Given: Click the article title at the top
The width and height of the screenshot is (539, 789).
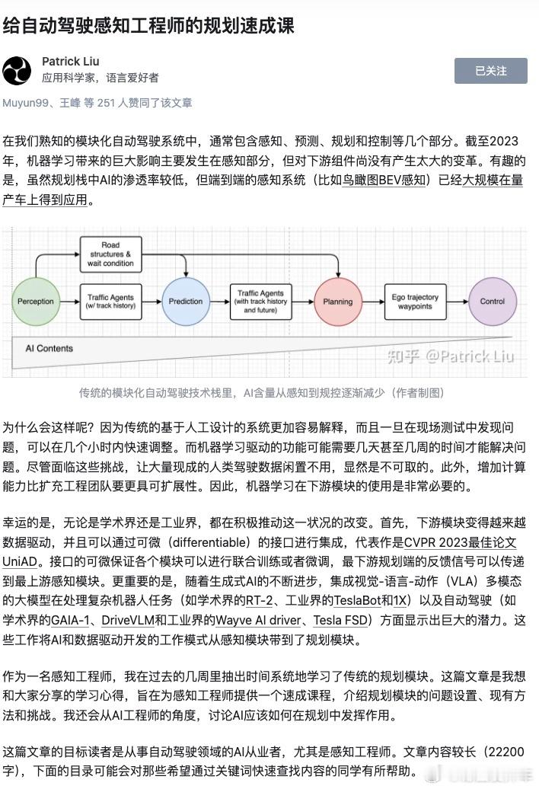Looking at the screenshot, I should click(148, 25).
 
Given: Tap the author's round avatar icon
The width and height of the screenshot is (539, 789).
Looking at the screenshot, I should click(18, 70).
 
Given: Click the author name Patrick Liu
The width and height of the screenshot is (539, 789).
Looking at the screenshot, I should click(71, 61).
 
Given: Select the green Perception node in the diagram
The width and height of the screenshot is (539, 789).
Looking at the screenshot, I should click(36, 301).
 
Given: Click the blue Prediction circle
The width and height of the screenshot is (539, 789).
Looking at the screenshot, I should click(185, 301).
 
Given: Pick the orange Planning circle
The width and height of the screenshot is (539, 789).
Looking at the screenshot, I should click(338, 301).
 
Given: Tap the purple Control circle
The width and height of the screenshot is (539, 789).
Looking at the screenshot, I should click(492, 301).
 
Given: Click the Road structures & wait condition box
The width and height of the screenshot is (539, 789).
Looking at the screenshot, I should click(111, 254).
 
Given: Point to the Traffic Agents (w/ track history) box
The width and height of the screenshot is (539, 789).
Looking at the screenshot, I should click(111, 301).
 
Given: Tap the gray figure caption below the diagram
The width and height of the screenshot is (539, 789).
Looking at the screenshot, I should click(262, 393).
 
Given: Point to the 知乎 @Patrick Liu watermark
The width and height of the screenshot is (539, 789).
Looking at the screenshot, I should click(451, 355).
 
